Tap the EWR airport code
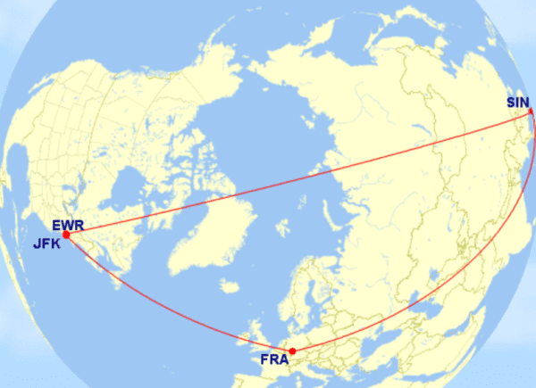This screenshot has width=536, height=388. tap(67, 225)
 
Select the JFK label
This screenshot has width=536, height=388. tap(47, 241)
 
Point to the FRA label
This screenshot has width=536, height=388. tap(273, 360)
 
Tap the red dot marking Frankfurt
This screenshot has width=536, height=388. tap(293, 351)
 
